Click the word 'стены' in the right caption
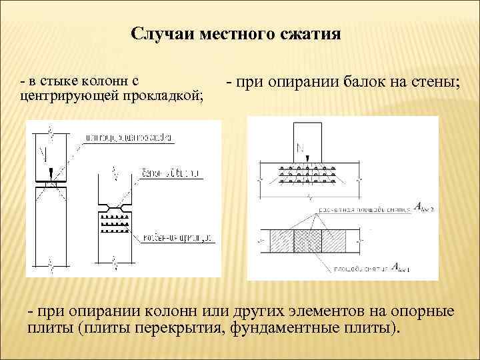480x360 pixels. pyautogui.click(x=437, y=84)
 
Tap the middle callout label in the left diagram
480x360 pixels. pyautogui.click(x=171, y=173)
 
